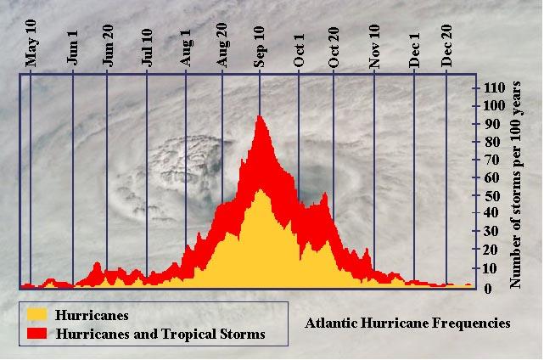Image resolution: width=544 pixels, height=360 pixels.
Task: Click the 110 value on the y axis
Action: [494, 87]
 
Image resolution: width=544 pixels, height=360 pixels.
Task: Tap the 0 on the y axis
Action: [488, 288]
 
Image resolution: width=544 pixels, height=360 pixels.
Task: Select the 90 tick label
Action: [491, 124]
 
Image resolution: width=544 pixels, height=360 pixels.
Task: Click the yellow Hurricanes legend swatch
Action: [36, 314]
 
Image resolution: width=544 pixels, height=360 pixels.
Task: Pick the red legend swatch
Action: [36, 334]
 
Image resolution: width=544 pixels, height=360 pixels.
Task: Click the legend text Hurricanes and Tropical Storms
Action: [160, 334]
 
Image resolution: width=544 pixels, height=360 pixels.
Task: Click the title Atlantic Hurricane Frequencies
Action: [407, 323]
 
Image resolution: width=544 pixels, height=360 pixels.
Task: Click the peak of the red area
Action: [258, 117]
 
